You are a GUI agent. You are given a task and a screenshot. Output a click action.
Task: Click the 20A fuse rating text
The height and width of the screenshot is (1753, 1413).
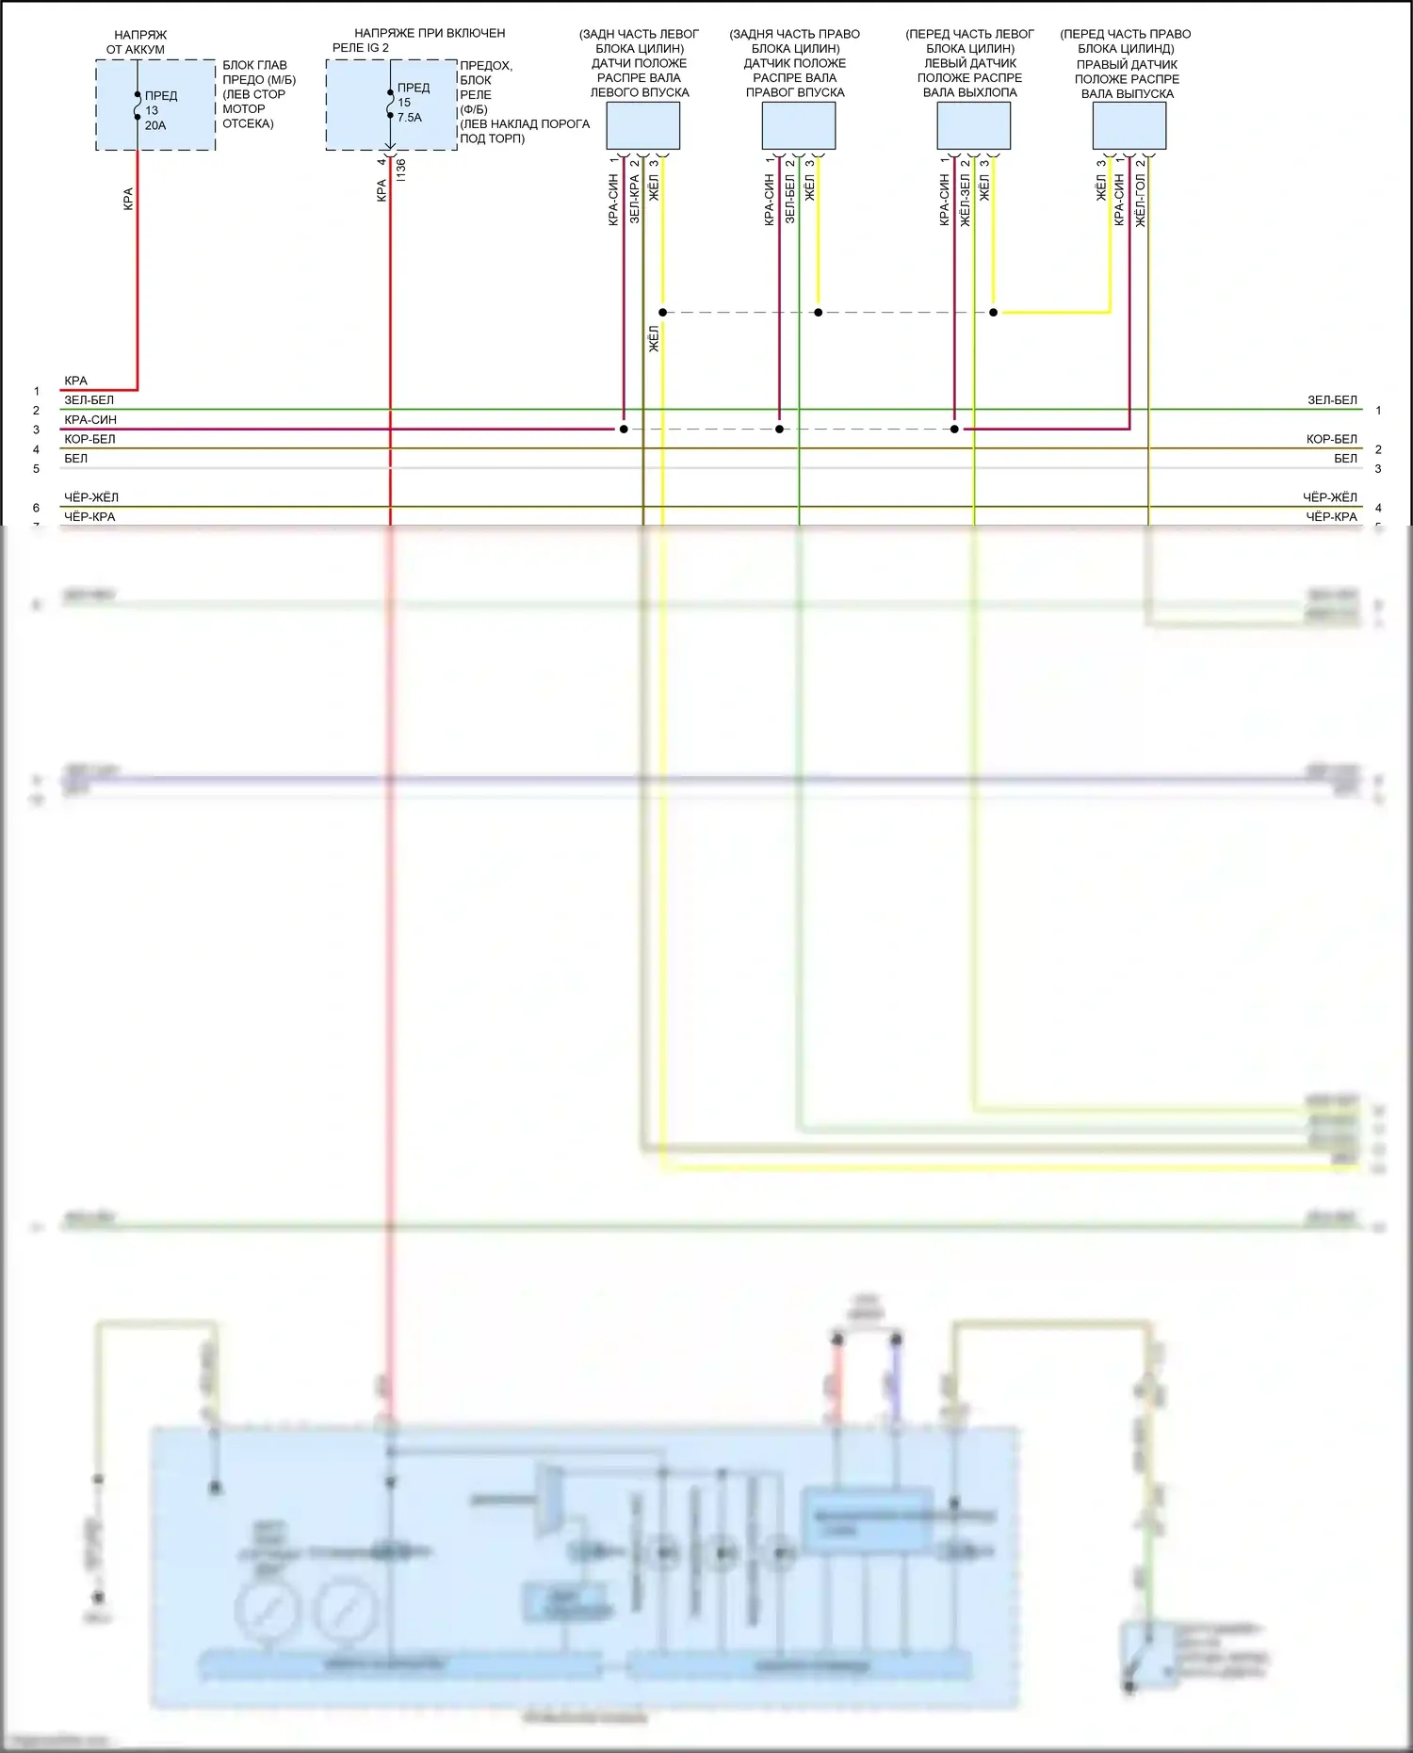point(155,125)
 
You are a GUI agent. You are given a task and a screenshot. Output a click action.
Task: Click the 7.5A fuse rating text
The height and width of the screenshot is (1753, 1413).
point(410,118)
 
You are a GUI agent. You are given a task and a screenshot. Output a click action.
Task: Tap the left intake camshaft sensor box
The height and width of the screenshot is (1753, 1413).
point(642,125)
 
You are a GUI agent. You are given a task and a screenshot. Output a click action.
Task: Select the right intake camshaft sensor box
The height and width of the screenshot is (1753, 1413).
point(798,125)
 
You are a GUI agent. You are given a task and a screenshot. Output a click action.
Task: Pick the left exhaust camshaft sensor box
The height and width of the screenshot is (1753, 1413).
point(973,125)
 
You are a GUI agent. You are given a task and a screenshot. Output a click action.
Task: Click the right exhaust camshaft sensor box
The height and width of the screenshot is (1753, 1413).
point(1129,125)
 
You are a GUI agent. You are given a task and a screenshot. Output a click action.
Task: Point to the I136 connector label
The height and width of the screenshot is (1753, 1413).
point(401,170)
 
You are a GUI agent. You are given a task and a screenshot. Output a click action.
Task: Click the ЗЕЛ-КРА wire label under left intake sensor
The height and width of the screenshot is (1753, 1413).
point(634,199)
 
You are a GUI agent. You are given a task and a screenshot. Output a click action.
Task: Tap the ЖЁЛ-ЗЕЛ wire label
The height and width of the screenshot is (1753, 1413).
point(965,200)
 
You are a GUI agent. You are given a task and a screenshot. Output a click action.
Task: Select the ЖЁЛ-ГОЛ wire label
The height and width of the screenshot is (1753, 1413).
point(1140,200)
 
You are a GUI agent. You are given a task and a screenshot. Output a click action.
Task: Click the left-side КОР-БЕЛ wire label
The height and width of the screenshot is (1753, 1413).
point(89,439)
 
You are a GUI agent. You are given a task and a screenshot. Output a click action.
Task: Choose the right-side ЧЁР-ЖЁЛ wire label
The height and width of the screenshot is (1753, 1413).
point(1330,497)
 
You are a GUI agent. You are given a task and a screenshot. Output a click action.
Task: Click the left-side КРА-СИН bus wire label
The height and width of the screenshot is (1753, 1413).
point(90,419)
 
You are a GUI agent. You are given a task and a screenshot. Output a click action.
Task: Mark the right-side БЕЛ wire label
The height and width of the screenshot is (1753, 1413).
point(1345,459)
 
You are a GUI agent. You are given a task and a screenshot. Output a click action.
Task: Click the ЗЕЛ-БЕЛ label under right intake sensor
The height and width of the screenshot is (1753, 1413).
point(789,199)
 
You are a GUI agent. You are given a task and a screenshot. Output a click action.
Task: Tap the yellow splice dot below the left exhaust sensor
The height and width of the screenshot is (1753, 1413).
point(993,312)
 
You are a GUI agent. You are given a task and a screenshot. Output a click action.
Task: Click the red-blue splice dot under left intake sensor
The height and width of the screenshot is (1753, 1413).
point(624,430)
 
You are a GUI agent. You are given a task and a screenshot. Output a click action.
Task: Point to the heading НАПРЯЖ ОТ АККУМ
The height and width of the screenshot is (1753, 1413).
point(138,42)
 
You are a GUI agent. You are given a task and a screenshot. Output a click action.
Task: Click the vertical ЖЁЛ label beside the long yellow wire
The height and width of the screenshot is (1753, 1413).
point(654,339)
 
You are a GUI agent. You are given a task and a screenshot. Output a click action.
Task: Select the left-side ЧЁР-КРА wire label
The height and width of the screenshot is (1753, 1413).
point(89,516)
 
